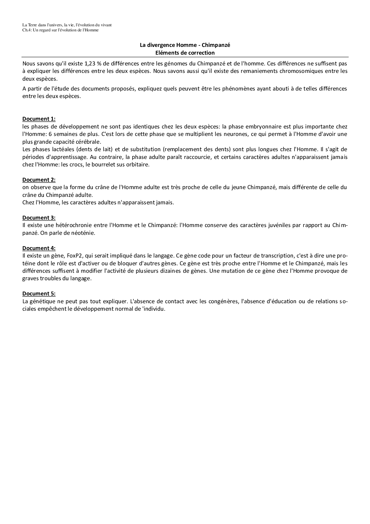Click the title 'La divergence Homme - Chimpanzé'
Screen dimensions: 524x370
(x=185, y=45)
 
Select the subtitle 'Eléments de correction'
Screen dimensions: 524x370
(x=185, y=53)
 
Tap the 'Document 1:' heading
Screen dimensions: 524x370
(x=39, y=119)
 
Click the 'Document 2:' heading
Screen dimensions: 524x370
(x=39, y=180)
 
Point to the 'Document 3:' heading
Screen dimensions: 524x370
(x=39, y=218)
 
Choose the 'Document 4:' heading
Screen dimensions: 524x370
(x=39, y=248)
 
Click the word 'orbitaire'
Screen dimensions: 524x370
(x=138, y=165)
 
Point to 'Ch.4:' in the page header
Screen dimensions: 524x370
(x=27, y=30)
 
